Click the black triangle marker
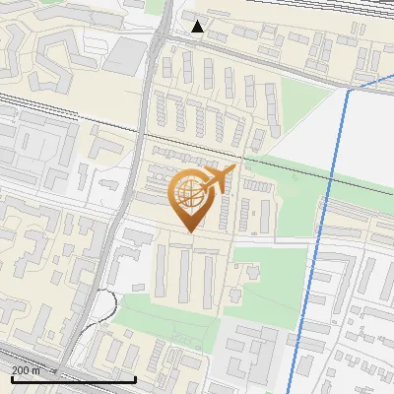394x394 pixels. [198, 27]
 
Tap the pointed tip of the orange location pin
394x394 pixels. [190, 231]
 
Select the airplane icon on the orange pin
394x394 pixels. [218, 180]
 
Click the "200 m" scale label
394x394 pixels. [27, 369]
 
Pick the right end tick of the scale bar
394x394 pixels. [135, 376]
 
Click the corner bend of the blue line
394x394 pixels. [348, 92]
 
